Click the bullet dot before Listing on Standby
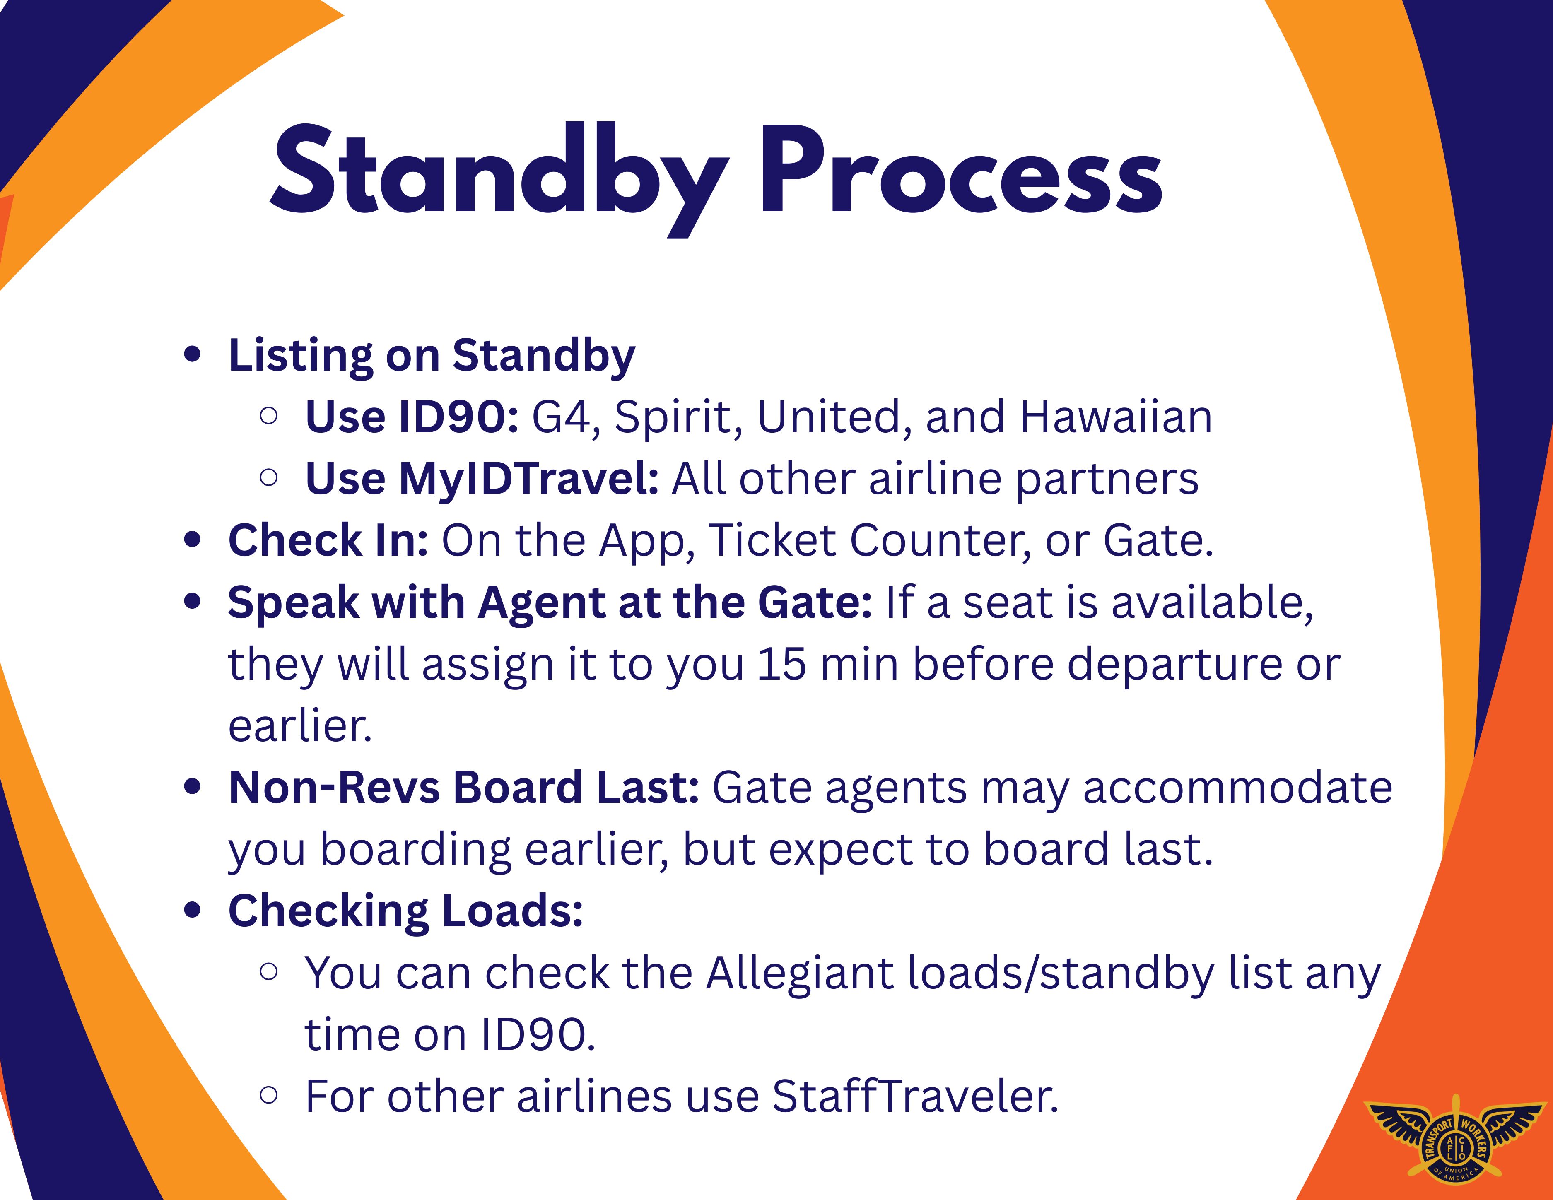click(192, 355)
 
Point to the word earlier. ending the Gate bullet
click(300, 727)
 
